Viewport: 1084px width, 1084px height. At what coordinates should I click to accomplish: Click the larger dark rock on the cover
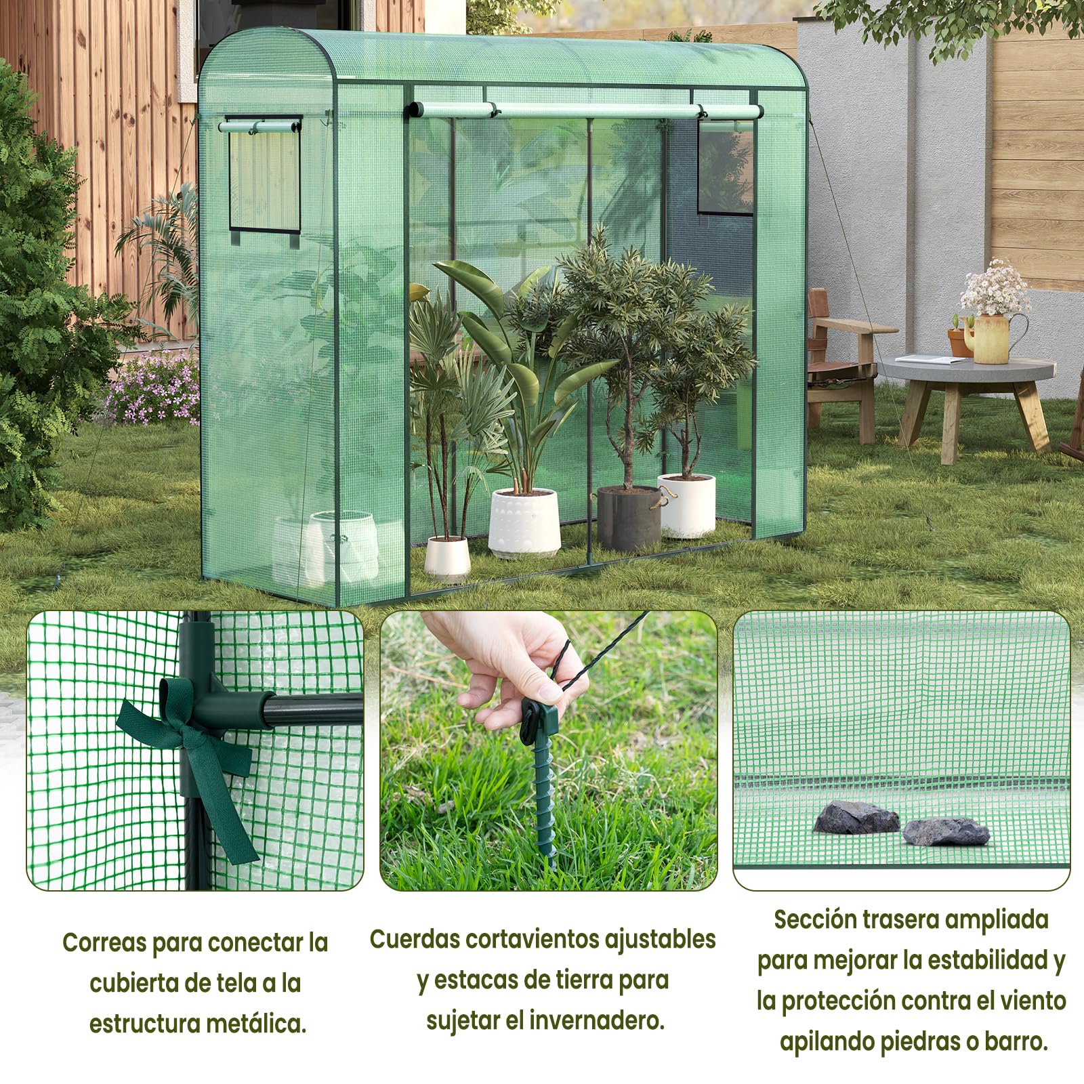[855, 818]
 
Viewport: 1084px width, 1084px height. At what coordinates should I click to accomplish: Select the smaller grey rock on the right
[946, 832]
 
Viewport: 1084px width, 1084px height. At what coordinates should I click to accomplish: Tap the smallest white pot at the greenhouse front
[447, 557]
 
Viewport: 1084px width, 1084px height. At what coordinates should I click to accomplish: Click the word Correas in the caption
[104, 942]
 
